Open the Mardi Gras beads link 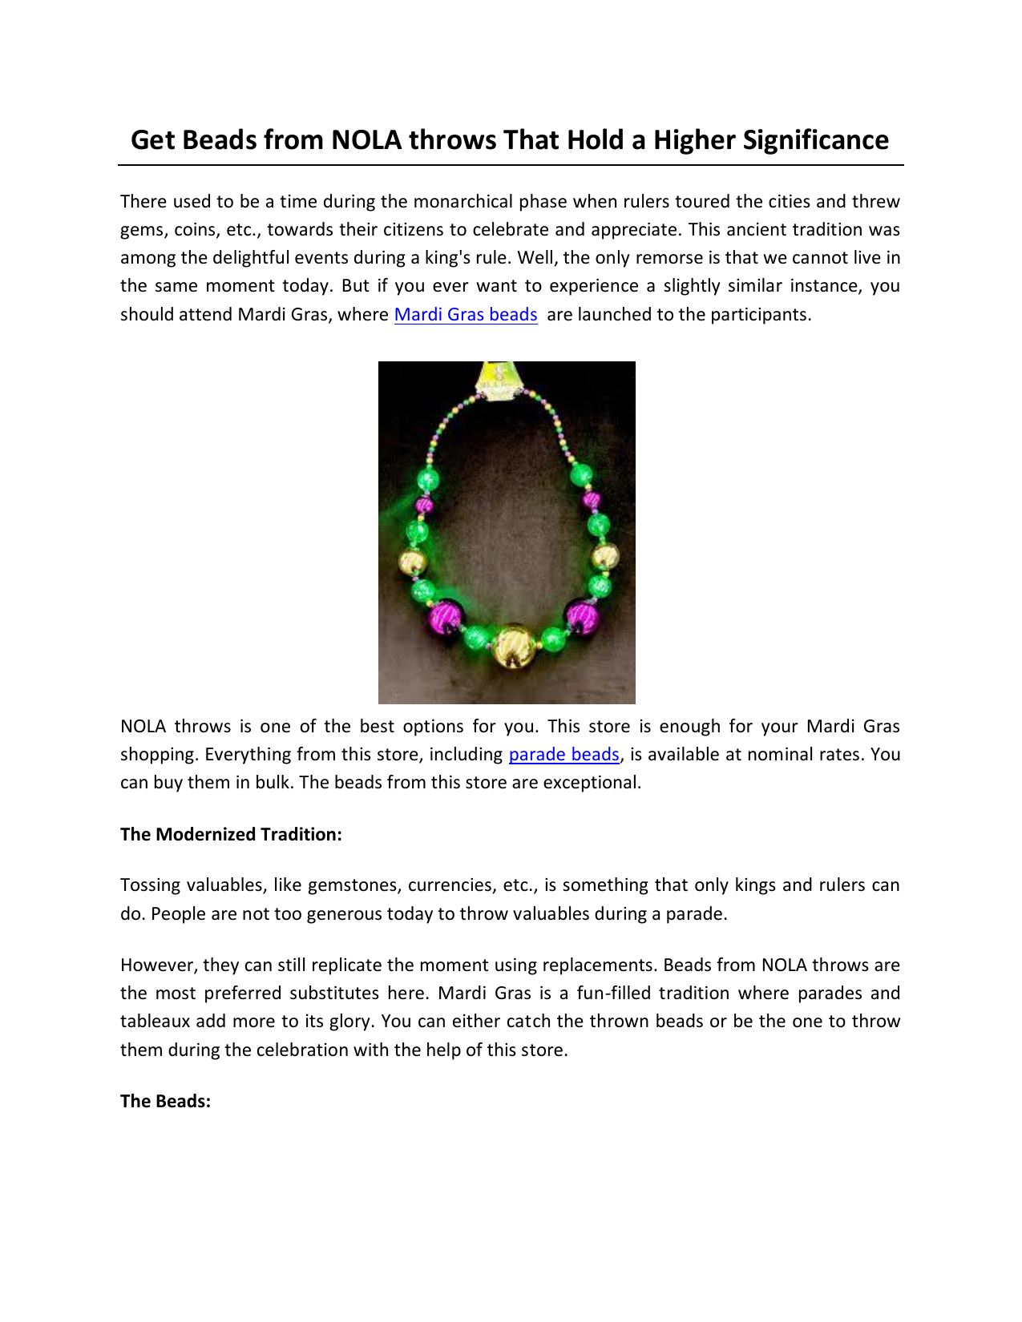pyautogui.click(x=466, y=315)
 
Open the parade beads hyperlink pyautogui.click(x=564, y=755)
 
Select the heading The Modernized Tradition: pyautogui.click(x=231, y=835)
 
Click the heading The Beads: pyautogui.click(x=165, y=1102)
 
